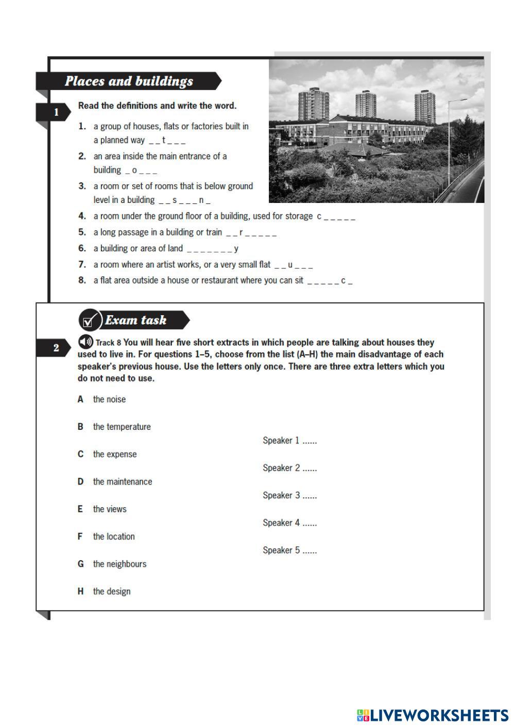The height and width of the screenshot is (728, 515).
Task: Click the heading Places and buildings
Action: (129, 81)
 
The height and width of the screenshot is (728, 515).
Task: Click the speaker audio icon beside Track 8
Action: (85, 342)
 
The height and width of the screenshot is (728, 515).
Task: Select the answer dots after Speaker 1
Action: (310, 441)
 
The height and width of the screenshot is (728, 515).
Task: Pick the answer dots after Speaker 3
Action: (310, 496)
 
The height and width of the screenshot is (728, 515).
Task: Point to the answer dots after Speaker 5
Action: (310, 551)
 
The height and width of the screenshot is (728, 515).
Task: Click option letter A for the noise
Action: (80, 400)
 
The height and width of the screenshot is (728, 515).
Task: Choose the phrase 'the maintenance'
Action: (123, 482)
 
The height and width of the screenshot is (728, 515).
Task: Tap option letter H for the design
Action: (80, 592)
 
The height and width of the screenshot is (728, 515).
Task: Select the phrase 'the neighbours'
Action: (119, 564)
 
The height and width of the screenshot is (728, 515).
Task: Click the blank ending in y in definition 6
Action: (212, 249)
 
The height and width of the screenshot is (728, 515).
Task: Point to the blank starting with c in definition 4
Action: (336, 217)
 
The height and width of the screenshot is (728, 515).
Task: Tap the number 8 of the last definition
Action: (82, 281)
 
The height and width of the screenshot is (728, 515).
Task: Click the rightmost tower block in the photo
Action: (425, 107)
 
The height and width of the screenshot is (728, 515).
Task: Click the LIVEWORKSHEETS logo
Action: (433, 715)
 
